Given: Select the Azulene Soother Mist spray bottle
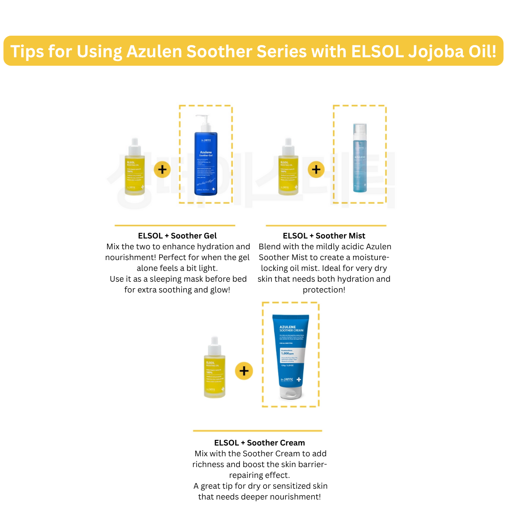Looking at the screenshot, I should pyautogui.click(x=360, y=159).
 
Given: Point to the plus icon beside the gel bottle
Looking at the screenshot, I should pyautogui.click(x=162, y=169).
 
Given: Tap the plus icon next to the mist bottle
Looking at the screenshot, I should pyautogui.click(x=316, y=169).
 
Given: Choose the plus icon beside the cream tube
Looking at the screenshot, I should pyautogui.click(x=244, y=371).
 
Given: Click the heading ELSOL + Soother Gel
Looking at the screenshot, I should pyautogui.click(x=177, y=236).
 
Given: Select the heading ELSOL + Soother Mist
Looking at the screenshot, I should pyautogui.click(x=324, y=236).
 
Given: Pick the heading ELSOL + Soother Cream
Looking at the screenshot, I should pyautogui.click(x=259, y=443).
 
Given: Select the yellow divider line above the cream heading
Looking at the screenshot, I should pyautogui.click(x=257, y=430).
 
